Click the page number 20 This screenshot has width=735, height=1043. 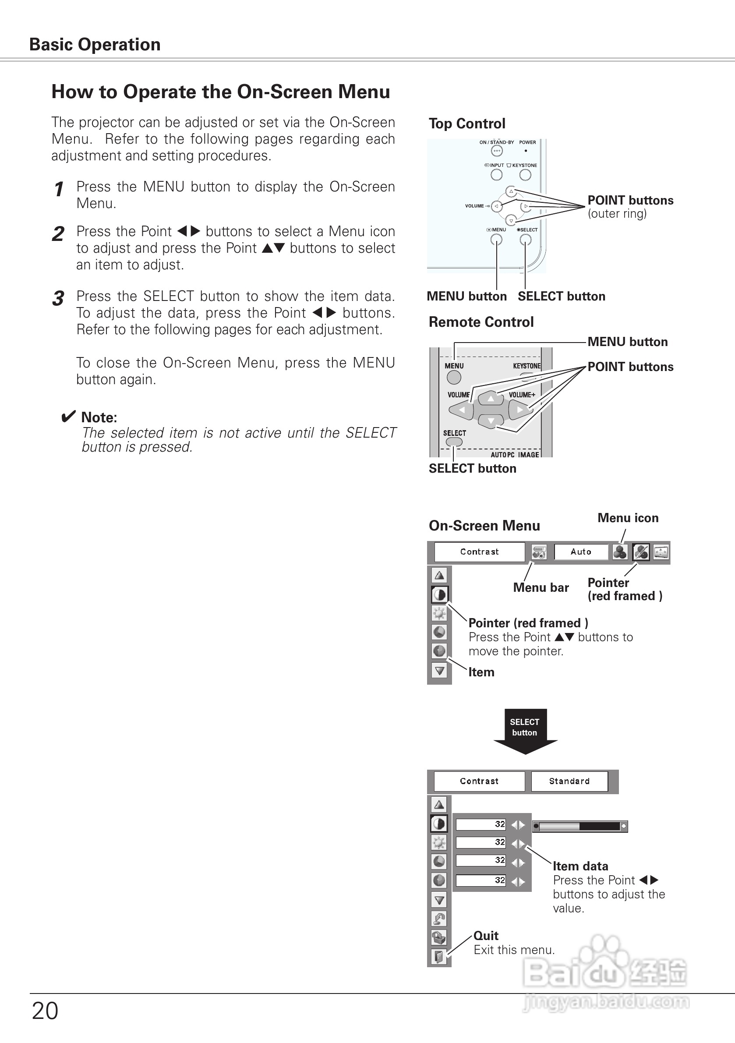pos(45,1011)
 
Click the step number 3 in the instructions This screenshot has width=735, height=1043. pos(58,299)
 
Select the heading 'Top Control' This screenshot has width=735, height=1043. pos(467,124)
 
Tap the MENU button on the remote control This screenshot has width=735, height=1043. pos(454,377)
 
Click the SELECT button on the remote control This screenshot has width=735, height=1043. pos(454,442)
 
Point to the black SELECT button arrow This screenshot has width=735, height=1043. pos(525,729)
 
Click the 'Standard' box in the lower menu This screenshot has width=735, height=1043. pos(569,781)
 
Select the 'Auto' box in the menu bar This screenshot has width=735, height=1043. pos(580,552)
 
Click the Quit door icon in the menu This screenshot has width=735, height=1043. pos(439,957)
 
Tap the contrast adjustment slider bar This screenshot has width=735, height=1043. pos(580,826)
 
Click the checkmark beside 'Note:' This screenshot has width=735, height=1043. pos(68,417)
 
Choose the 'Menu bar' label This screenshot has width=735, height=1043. pos(541,587)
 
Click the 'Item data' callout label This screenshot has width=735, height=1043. pos(580,866)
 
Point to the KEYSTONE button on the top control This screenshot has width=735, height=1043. pos(525,175)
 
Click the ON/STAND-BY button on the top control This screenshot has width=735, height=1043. pos(497,151)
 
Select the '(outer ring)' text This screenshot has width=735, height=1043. pos(617,213)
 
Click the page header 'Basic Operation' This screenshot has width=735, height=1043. pos(95,45)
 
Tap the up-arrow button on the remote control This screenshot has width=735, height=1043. pos(491,398)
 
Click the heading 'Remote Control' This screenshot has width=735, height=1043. pos(481,322)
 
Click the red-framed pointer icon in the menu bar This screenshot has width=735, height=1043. pos(640,552)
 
